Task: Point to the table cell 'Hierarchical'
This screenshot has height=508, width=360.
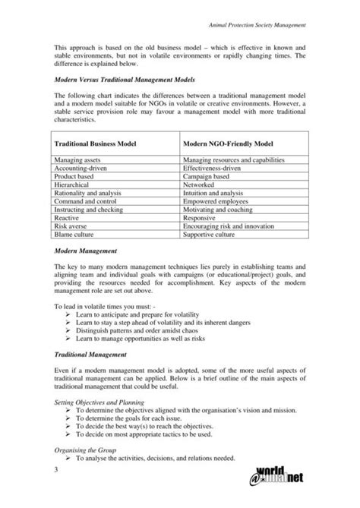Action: click(x=73, y=185)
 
